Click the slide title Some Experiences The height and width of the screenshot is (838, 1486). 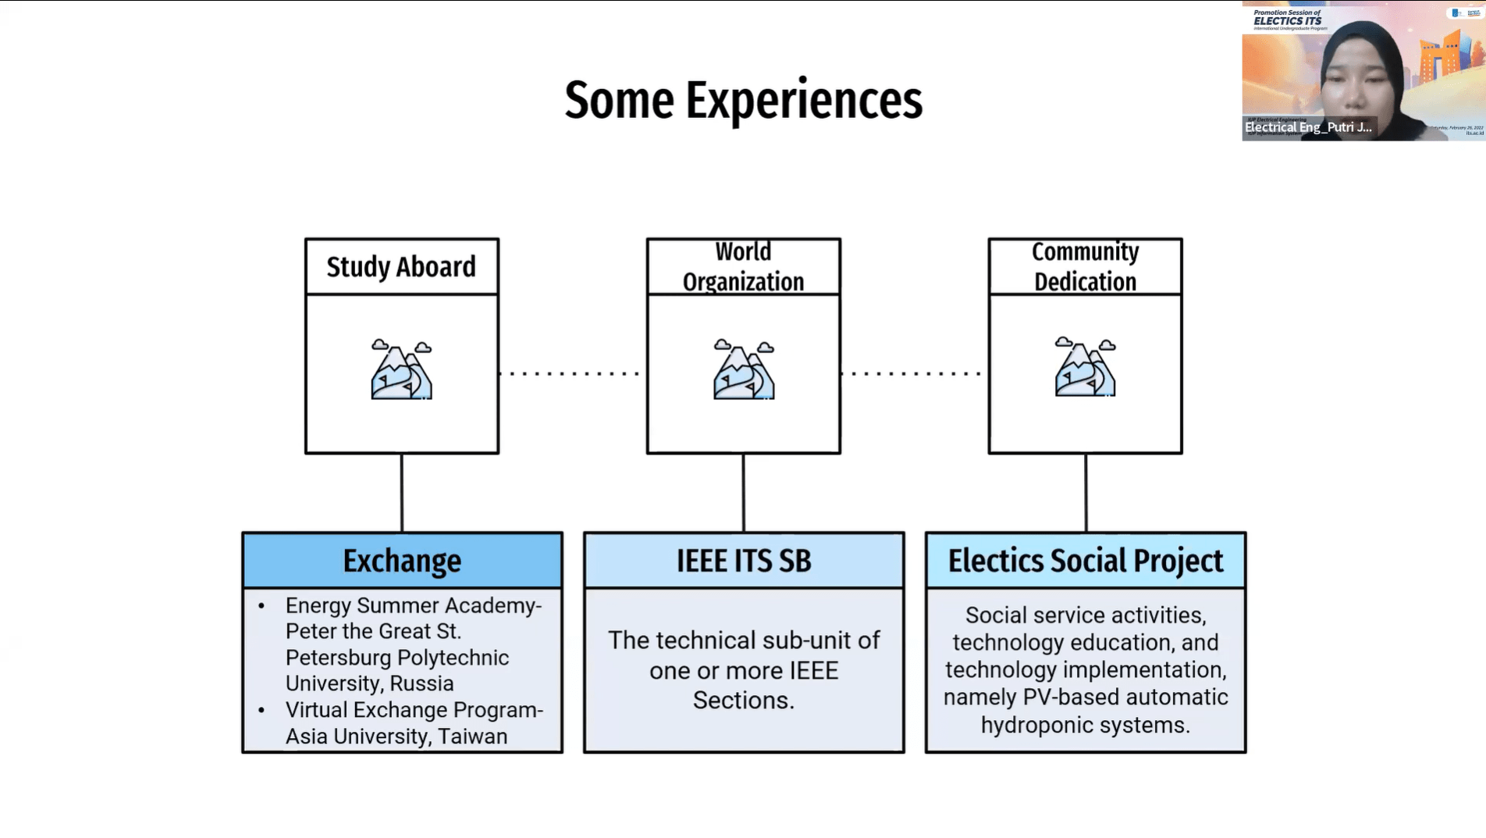(743, 101)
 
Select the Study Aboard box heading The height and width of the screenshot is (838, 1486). (401, 267)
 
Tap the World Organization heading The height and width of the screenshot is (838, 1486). (743, 266)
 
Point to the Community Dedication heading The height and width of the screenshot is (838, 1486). (1085, 266)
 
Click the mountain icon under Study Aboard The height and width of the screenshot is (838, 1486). (401, 369)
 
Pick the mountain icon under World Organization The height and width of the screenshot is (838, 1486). (743, 369)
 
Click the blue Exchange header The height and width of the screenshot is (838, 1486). (402, 561)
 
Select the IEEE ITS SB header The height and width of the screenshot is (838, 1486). (744, 561)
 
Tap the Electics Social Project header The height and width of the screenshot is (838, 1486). (1085, 561)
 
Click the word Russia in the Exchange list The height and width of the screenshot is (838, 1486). (421, 683)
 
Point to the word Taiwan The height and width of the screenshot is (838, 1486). (472, 736)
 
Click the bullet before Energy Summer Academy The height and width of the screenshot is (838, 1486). (261, 606)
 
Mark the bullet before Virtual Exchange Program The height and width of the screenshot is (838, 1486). (261, 711)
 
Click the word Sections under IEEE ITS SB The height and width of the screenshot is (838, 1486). (742, 701)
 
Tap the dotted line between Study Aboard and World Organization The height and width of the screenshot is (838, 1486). (572, 373)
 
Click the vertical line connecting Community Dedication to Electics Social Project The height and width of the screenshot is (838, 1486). (1086, 492)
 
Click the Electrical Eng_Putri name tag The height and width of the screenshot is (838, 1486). (1307, 127)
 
